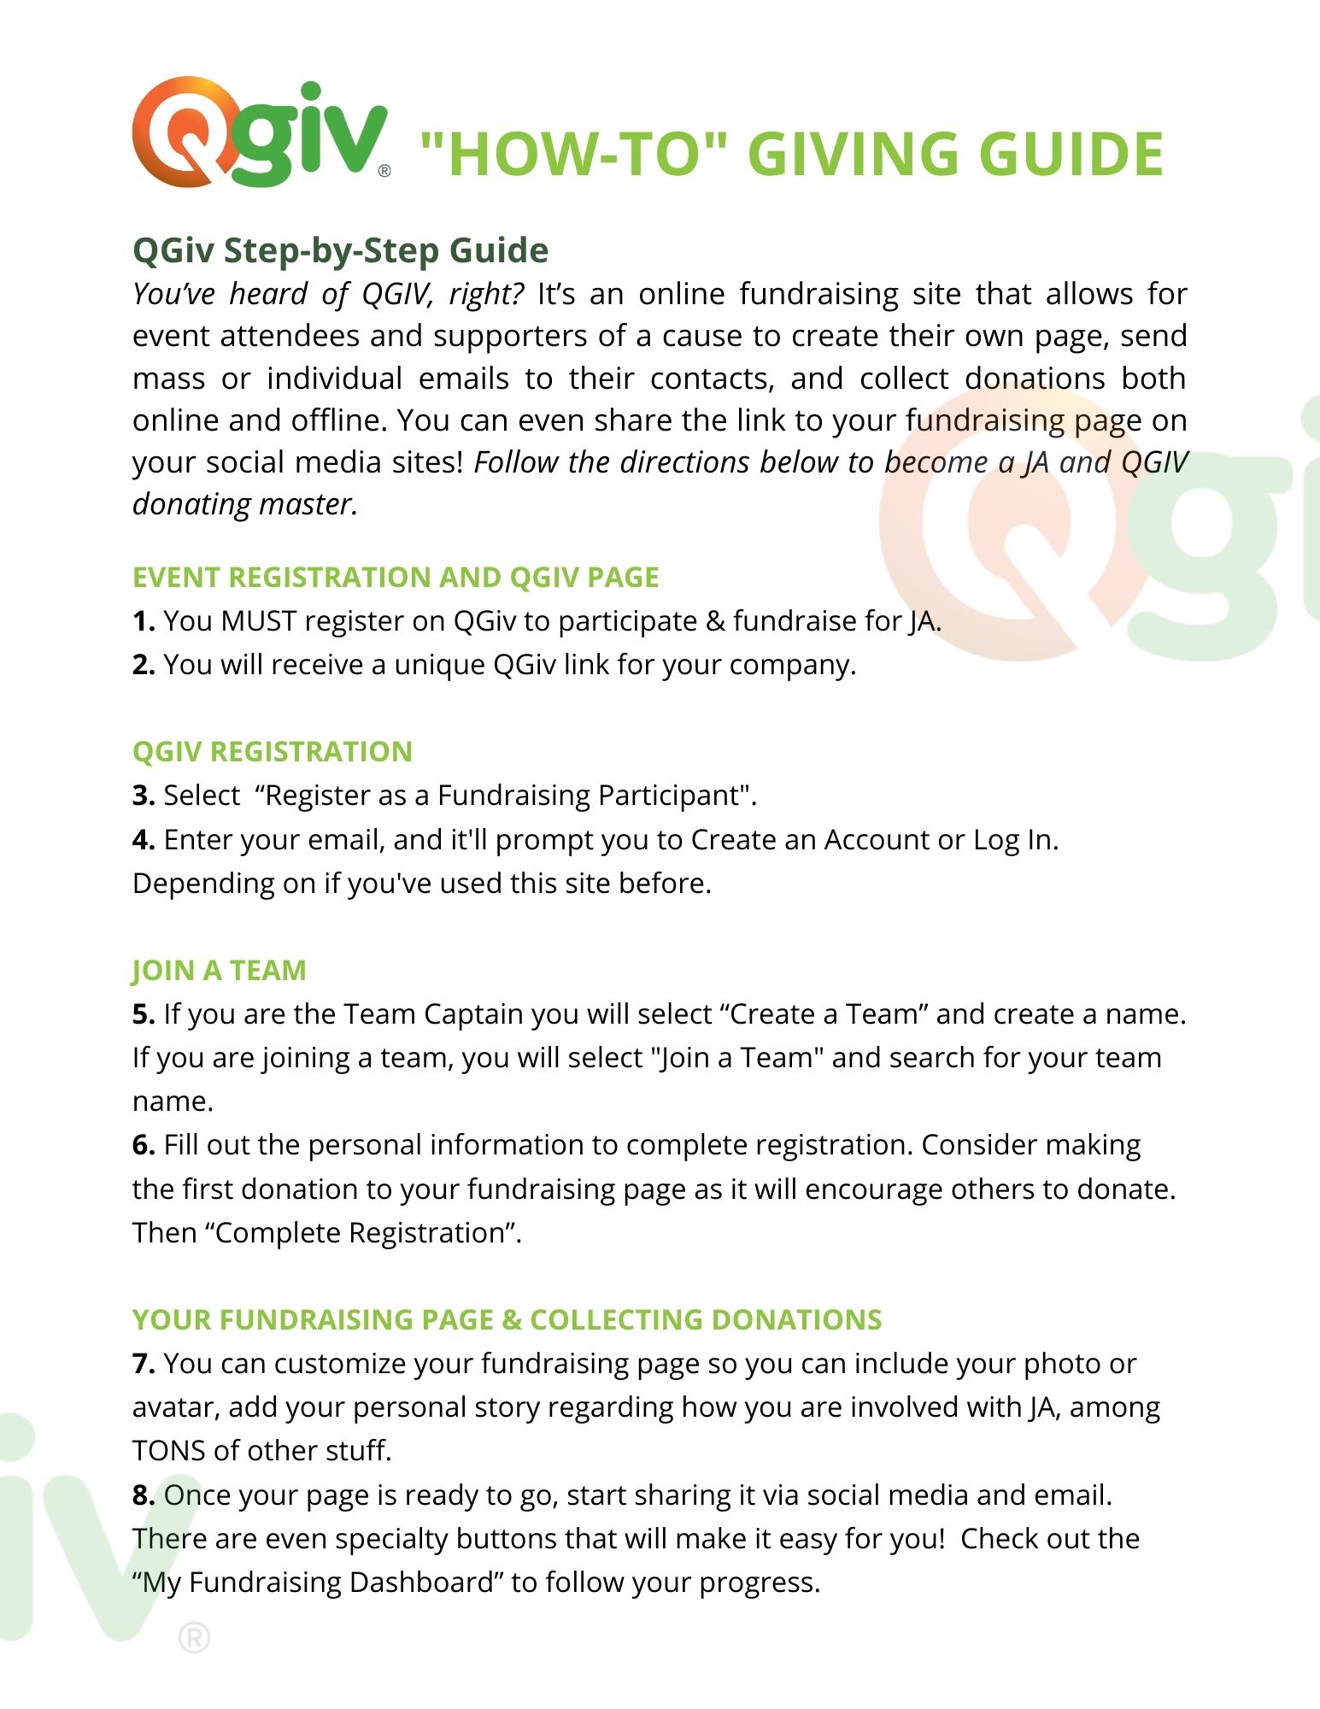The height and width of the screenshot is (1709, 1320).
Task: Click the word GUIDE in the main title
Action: click(x=1071, y=155)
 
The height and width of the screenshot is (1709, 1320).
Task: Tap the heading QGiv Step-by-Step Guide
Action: click(x=340, y=250)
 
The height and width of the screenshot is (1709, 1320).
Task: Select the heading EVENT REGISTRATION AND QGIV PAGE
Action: click(x=396, y=578)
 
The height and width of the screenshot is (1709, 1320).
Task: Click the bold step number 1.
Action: click(x=143, y=621)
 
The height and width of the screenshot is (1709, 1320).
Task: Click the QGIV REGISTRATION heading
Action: click(x=272, y=752)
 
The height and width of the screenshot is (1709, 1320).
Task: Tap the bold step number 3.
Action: click(x=143, y=796)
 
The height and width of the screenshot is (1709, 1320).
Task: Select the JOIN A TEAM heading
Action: click(x=219, y=971)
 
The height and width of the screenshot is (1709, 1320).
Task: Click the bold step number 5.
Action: click(x=143, y=1014)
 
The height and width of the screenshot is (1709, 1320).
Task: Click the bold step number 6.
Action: click(x=143, y=1145)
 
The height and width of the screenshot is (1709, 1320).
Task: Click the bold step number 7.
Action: click(x=143, y=1364)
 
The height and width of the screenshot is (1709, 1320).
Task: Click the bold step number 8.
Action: click(x=143, y=1495)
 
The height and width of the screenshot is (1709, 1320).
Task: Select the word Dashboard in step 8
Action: click(x=422, y=1583)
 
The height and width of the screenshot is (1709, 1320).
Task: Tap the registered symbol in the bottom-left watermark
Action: click(x=194, y=1639)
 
